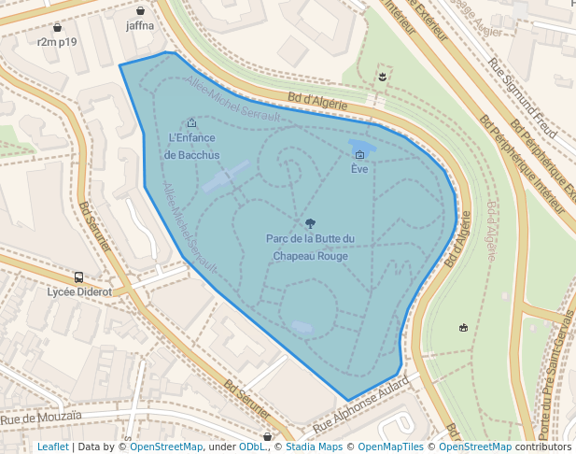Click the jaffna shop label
pyautogui.click(x=140, y=26)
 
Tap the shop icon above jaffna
pyautogui.click(x=140, y=11)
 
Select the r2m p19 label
pyautogui.click(x=57, y=42)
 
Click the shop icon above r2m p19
pyautogui.click(x=57, y=28)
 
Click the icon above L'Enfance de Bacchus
pyautogui.click(x=191, y=122)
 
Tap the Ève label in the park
pyautogui.click(x=359, y=169)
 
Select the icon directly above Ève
pyautogui.click(x=359, y=154)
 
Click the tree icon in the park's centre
pyautogui.click(x=310, y=222)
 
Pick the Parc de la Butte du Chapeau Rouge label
pyautogui.click(x=310, y=247)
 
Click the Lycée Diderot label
pyautogui.click(x=79, y=291)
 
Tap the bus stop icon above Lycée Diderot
pyautogui.click(x=79, y=277)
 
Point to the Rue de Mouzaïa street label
pyautogui.click(x=41, y=417)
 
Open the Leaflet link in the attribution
pyautogui.click(x=52, y=447)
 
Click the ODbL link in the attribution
pyautogui.click(x=252, y=447)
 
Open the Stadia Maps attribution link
pyautogui.click(x=314, y=447)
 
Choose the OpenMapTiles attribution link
pyautogui.click(x=397, y=447)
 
